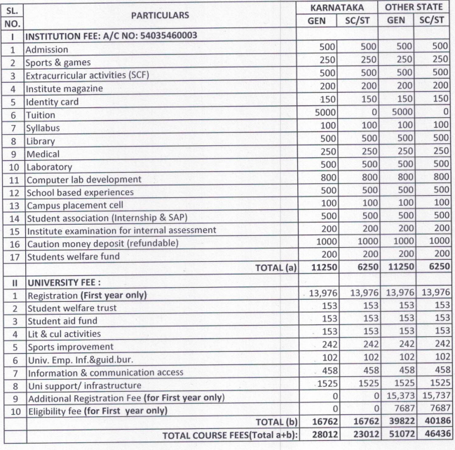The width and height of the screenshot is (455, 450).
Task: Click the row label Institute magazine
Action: (x=63, y=89)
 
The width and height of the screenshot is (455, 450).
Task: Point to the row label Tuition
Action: (x=41, y=114)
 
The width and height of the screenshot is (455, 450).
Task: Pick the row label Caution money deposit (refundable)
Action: (x=101, y=244)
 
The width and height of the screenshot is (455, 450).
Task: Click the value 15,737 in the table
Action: (x=433, y=398)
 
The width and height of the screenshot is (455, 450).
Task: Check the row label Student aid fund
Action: (x=60, y=321)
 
